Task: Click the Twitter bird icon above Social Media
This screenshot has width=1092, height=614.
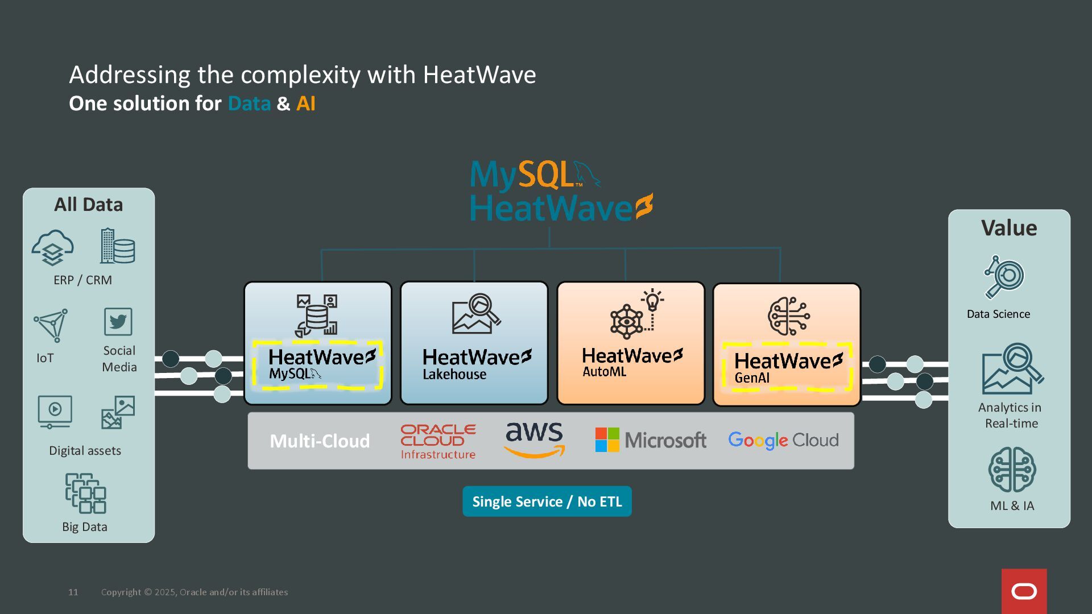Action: pos(118,322)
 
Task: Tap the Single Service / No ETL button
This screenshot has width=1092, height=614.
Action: pos(547,501)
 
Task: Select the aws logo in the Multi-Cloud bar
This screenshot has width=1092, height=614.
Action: pos(535,439)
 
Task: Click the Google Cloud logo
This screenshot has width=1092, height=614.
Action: pos(783,440)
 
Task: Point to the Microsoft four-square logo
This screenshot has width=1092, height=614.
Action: pos(607,440)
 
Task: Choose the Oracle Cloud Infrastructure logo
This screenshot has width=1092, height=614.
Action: pos(438,442)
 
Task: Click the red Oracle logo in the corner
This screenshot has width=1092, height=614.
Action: pos(1024,591)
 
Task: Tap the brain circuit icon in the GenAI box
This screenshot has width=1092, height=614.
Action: pos(788,316)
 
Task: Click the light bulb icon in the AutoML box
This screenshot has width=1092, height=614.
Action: pos(652,300)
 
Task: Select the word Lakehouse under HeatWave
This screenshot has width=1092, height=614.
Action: pos(454,374)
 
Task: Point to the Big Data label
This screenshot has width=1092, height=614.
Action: pos(85,526)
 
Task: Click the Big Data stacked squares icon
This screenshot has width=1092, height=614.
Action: pos(85,493)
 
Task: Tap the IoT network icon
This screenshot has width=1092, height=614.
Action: pos(51,325)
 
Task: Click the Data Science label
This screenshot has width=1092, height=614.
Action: pos(998,314)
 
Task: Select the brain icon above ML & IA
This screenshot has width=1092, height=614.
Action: pos(1012,470)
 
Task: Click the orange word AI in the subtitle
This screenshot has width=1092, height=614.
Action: pos(305,103)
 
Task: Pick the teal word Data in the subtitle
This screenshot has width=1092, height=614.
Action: pos(249,103)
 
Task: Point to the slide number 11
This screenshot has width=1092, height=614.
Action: pos(73,592)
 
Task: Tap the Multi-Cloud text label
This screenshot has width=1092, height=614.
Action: pos(320,441)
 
